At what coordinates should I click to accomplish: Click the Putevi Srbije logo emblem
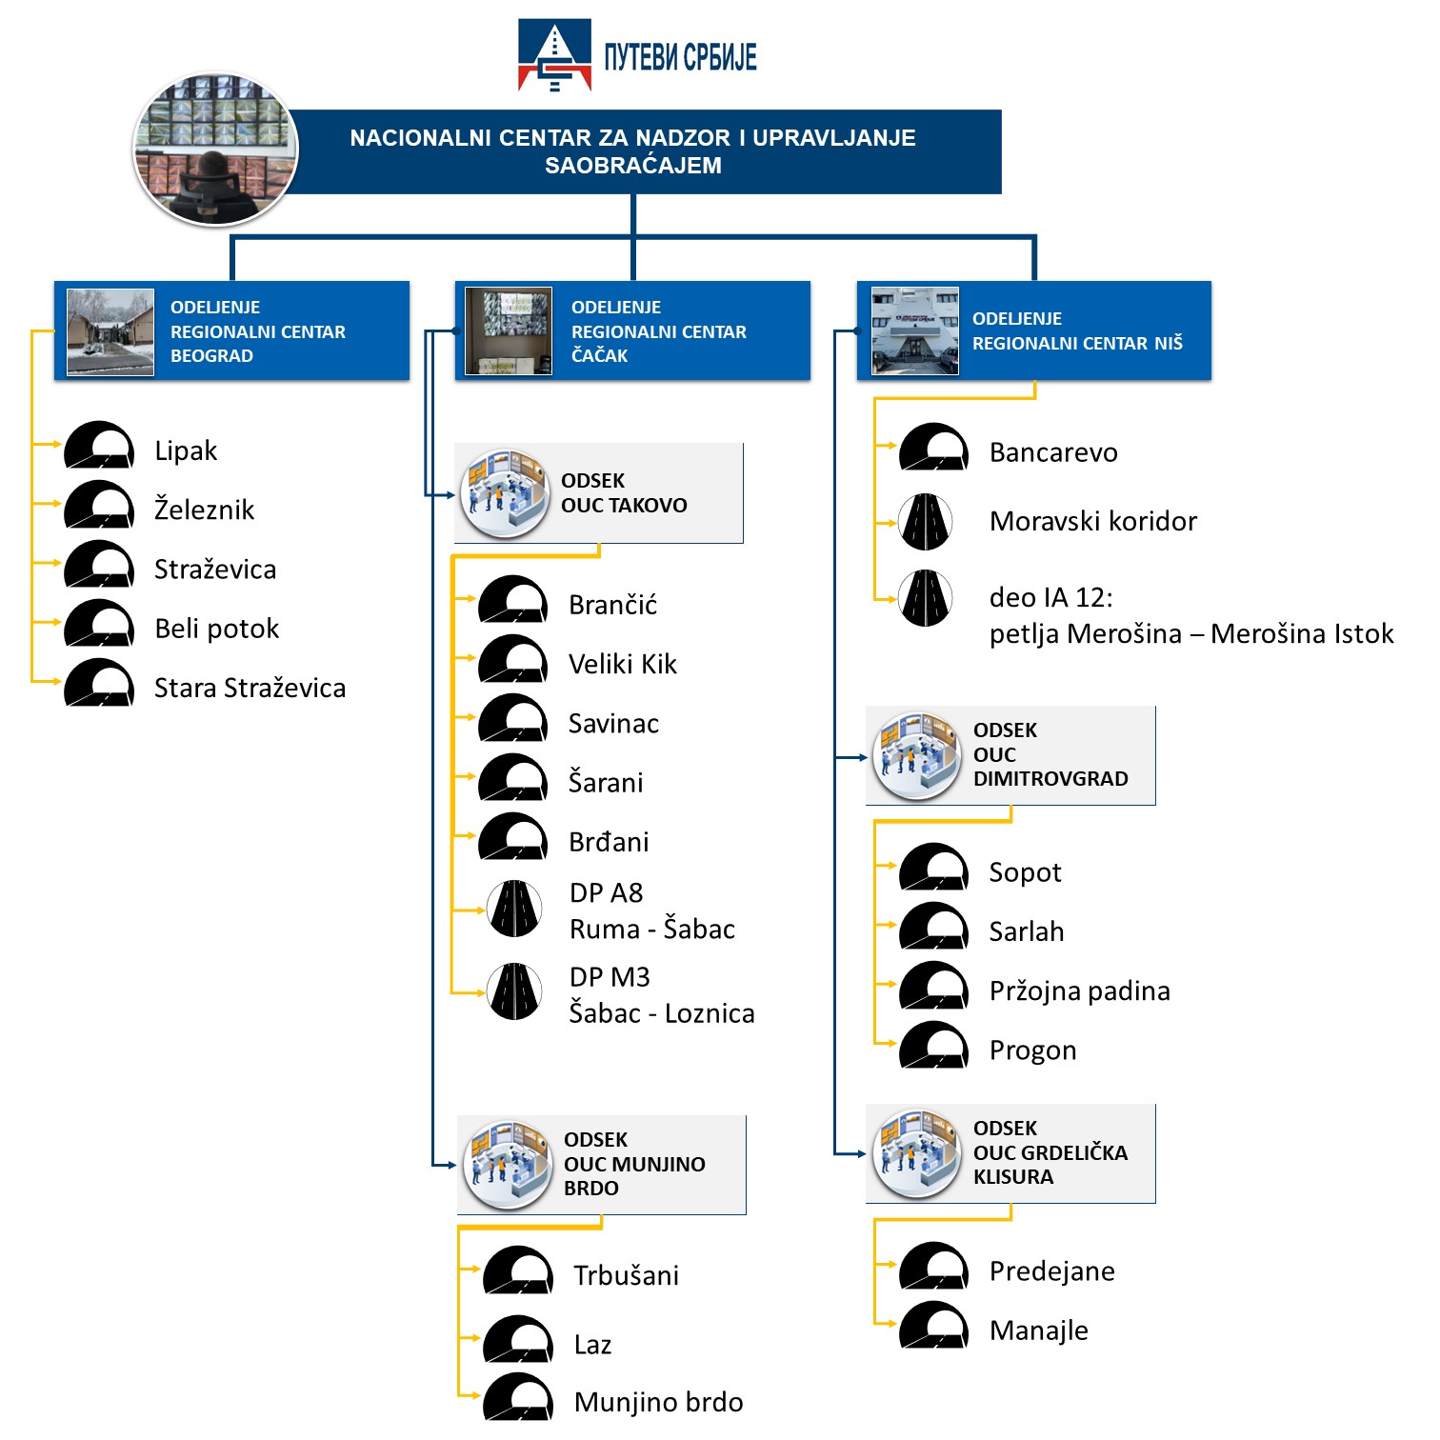tap(554, 55)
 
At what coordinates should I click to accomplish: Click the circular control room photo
tap(215, 150)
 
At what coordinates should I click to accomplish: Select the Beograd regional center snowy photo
tap(110, 332)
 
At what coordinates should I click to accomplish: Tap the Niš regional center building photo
tap(915, 330)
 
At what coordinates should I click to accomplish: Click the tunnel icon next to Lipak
tap(99, 445)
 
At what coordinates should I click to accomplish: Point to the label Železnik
tap(205, 510)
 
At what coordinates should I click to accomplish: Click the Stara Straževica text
tap(250, 688)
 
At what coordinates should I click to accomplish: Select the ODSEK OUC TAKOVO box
tap(599, 493)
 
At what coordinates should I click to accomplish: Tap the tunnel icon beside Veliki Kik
tap(513, 659)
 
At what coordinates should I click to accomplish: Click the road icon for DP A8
tap(514, 909)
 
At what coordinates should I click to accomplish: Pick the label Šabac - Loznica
tap(662, 1013)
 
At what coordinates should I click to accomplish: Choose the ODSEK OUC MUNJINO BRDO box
tap(602, 1165)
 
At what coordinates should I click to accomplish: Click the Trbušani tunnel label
tap(627, 1275)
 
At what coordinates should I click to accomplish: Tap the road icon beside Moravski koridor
tap(926, 522)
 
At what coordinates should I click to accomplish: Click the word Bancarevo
tap(1053, 452)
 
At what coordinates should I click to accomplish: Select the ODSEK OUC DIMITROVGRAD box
tap(1010, 755)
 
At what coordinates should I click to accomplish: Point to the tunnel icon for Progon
tap(934, 1045)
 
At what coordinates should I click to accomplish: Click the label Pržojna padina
tap(1080, 991)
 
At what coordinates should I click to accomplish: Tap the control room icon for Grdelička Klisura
tap(916, 1153)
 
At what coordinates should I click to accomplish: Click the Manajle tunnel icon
tap(934, 1325)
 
